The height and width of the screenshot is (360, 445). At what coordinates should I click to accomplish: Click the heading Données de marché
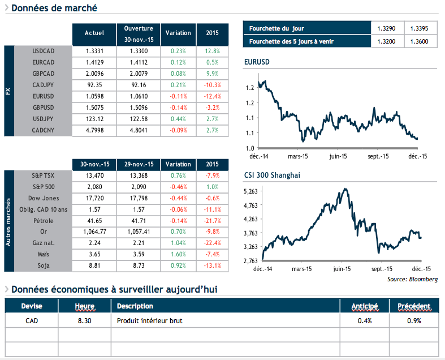(54, 8)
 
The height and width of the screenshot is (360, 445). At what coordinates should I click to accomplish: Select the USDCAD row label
(43, 51)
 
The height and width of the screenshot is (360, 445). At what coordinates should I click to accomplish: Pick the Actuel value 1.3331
(94, 51)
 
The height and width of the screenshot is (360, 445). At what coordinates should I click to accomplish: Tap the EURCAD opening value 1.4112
(139, 62)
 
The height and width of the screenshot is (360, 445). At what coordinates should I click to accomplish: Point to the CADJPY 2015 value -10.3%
(213, 85)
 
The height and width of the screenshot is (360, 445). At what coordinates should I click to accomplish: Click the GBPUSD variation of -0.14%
(178, 108)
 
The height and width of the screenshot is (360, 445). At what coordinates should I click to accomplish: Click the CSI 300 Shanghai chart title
(272, 175)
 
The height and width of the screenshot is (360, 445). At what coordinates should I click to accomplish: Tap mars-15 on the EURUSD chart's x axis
(297, 156)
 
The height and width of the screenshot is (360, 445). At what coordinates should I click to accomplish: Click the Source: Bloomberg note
(412, 279)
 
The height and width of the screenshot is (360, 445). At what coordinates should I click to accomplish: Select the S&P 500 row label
(43, 187)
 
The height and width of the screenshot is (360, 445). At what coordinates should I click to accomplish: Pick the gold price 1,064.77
(94, 232)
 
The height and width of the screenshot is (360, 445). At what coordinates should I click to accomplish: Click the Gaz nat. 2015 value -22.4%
(213, 243)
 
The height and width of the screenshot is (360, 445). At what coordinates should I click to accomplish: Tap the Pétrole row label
(43, 221)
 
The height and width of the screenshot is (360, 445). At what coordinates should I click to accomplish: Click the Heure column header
(84, 306)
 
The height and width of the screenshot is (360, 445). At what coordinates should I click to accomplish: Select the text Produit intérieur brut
(149, 321)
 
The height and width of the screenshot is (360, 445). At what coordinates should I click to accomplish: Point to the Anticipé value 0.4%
(365, 321)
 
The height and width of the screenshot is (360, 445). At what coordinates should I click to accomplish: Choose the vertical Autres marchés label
(8, 221)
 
